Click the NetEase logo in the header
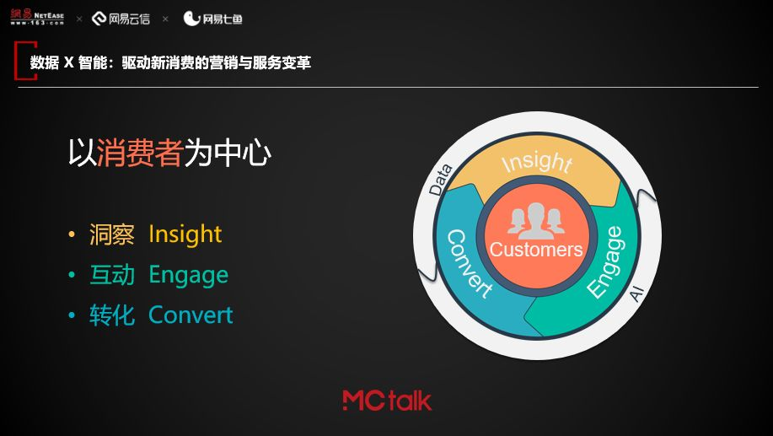37,17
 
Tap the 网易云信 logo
121,19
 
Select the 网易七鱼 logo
212,19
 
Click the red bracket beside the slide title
19,61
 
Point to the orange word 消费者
140,153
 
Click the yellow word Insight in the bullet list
185,234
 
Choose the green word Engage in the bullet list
188,275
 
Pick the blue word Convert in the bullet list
191,315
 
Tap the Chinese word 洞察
112,234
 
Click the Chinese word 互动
112,275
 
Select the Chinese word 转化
112,315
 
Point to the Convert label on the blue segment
470,264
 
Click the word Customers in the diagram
536,250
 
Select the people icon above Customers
536,220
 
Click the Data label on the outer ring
440,180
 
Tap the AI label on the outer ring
637,293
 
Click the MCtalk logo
387,401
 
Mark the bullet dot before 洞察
72,234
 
